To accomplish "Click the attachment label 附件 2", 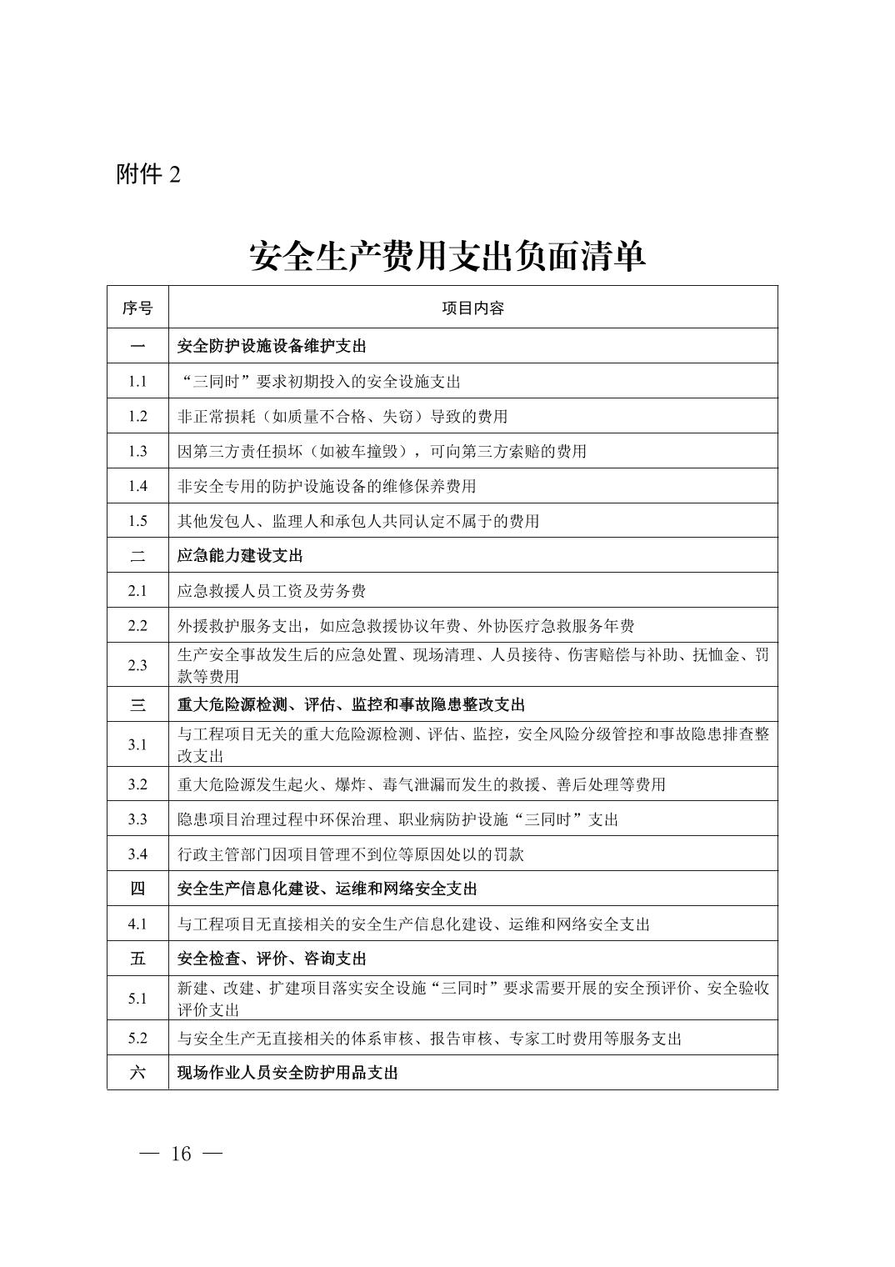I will [148, 174].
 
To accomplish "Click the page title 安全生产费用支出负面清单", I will [447, 257].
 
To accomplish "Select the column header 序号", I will [137, 308].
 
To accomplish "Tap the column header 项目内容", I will [472, 308].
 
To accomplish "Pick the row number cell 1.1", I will [137, 381].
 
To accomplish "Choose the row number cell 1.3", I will [137, 451].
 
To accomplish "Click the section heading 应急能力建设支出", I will [240, 555].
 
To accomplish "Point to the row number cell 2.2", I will [137, 626].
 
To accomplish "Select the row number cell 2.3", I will [137, 664].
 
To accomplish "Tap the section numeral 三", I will [137, 704].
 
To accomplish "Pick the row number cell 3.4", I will [137, 854].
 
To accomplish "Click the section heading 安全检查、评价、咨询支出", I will [272, 959].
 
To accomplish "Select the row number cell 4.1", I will [137, 924].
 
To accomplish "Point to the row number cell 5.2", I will [137, 1038].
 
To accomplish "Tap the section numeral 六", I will [137, 1072].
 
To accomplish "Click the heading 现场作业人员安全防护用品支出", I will [287, 1072].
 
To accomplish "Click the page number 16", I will [181, 1154].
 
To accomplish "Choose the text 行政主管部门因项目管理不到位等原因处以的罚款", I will [351, 854].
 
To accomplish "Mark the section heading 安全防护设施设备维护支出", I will [272, 346].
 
